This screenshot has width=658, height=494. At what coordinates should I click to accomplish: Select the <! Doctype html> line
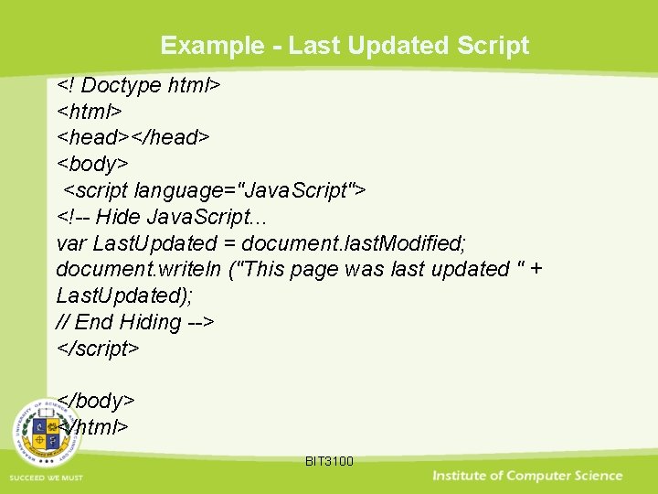coord(139,85)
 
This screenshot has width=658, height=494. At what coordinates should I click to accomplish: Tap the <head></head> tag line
coord(133,137)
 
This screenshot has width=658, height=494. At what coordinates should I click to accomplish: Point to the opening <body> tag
coord(92,164)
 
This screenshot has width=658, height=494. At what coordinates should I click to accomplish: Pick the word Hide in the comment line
coord(117,217)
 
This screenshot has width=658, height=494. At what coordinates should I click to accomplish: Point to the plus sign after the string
coord(536,269)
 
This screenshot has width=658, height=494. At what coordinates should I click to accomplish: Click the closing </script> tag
coord(98,349)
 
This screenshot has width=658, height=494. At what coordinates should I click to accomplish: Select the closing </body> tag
coord(96,401)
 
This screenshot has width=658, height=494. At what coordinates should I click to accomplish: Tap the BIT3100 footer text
coord(329,461)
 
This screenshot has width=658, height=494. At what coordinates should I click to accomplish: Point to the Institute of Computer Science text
coord(527,476)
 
